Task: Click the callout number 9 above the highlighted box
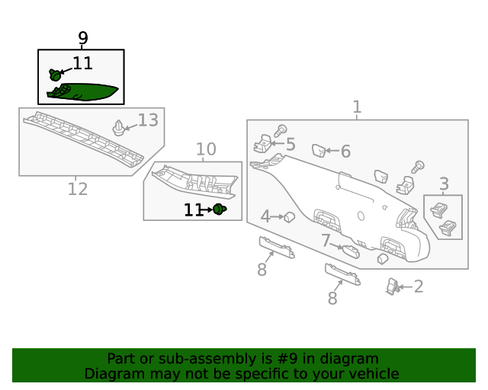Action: pyautogui.click(x=83, y=38)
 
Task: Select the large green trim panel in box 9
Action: pyautogui.click(x=83, y=92)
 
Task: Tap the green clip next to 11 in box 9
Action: pyautogui.click(x=55, y=75)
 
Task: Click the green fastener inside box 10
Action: pyautogui.click(x=220, y=209)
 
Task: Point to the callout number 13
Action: pyautogui.click(x=148, y=120)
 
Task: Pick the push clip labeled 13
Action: pyautogui.click(x=119, y=128)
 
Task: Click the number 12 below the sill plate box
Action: pyautogui.click(x=78, y=189)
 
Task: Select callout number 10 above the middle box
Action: pyautogui.click(x=206, y=149)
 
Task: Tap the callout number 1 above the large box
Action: pyautogui.click(x=357, y=107)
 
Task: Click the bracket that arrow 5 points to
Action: pyautogui.click(x=262, y=143)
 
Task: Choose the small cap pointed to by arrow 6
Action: pyautogui.click(x=319, y=151)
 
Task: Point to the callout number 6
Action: pyautogui.click(x=345, y=152)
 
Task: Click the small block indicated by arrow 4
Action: pyautogui.click(x=290, y=217)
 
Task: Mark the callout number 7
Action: pyautogui.click(x=326, y=241)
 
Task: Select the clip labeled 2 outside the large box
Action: pyautogui.click(x=393, y=286)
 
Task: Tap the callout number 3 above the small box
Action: pyautogui.click(x=444, y=184)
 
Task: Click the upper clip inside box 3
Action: pyautogui.click(x=439, y=210)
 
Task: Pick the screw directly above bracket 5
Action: pyautogui.click(x=281, y=130)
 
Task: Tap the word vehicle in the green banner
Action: pyautogui.click(x=377, y=373)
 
